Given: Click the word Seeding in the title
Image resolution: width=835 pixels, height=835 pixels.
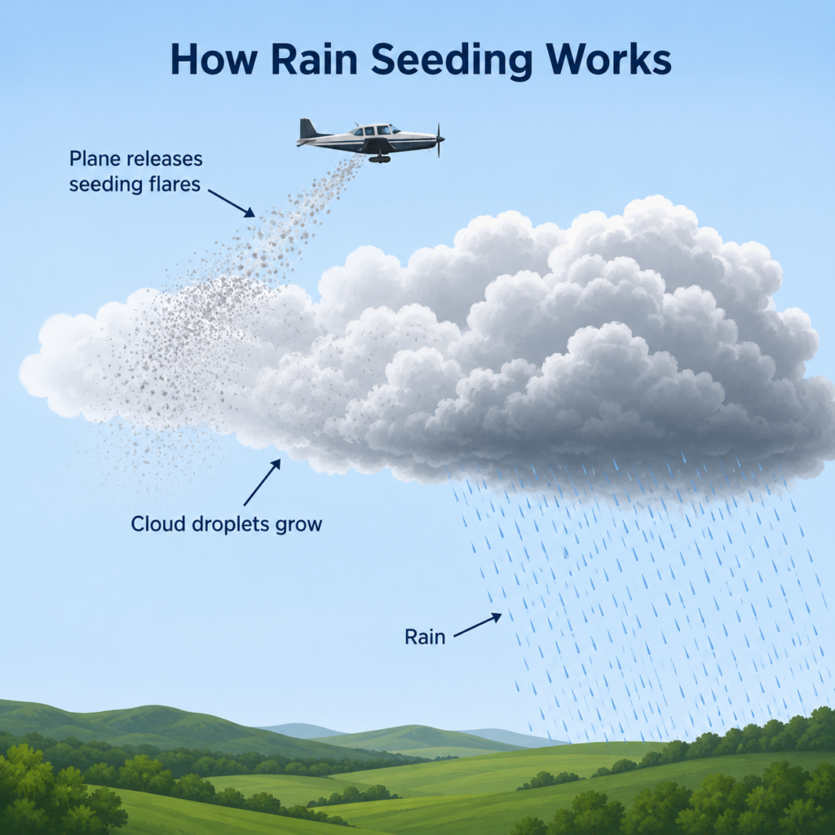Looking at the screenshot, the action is [451, 60].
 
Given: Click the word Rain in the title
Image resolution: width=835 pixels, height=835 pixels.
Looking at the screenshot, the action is [314, 59].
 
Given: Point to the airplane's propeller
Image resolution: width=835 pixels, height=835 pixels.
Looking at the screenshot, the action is [440, 140].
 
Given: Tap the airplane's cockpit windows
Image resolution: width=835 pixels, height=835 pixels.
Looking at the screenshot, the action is [375, 130].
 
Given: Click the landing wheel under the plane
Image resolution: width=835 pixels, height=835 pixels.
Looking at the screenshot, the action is [378, 158].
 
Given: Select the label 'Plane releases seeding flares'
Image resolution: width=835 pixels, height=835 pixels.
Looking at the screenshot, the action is [136, 171].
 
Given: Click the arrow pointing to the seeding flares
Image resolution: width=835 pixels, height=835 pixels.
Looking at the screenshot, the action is [231, 203].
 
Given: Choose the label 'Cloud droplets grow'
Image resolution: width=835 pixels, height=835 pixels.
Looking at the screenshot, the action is [227, 524].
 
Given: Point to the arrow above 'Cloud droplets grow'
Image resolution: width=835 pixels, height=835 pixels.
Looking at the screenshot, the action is [262, 482].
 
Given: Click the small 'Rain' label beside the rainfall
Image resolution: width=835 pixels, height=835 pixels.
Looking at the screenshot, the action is [424, 637].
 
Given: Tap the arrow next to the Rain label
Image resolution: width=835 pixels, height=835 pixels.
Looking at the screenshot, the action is [477, 625].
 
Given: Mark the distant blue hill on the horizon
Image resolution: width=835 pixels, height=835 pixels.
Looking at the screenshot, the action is [301, 730].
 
